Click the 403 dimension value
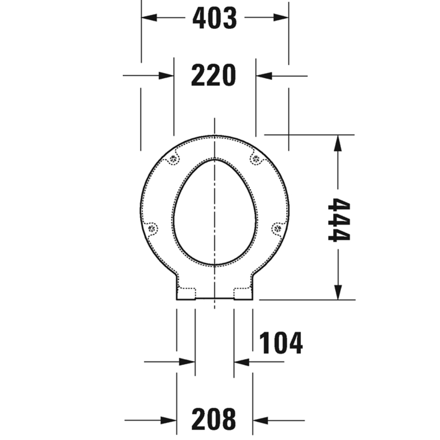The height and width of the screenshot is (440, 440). [215, 18]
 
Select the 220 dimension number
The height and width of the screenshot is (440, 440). [214, 75]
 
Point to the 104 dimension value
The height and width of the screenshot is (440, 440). [281, 343]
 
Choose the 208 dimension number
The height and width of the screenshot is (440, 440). [214, 419]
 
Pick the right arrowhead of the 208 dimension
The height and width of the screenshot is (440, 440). [260, 419]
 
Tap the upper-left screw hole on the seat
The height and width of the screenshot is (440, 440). [174, 159]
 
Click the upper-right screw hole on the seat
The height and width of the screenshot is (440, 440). [254, 159]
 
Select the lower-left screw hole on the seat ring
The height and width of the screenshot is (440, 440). [153, 228]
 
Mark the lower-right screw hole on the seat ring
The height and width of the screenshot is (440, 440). [276, 228]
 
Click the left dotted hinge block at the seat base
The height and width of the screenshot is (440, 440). [187, 292]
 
